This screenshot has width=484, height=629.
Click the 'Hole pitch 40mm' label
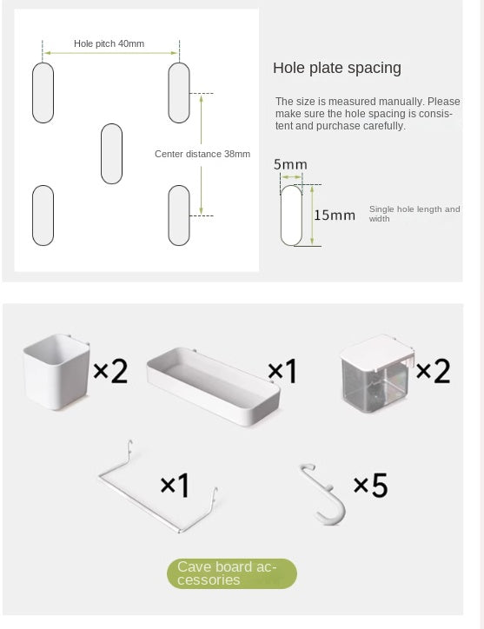[109, 43]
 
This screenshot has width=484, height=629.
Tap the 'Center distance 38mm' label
[202, 154]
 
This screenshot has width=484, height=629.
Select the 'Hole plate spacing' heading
[337, 68]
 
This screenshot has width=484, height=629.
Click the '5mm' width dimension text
[290, 164]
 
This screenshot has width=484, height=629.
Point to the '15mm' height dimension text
[335, 215]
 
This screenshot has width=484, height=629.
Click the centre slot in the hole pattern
[111, 154]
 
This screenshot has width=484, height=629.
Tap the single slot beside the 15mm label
[291, 215]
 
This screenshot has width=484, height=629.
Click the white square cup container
[56, 372]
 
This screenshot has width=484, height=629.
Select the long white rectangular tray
[213, 386]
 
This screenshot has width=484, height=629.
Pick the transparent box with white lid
[376, 374]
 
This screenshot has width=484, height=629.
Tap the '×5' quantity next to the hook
[370, 486]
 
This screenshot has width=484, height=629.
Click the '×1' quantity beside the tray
[282, 371]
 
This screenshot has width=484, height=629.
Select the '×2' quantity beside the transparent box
[433, 371]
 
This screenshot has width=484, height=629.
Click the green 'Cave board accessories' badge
[232, 573]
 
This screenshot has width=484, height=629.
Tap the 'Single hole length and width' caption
[414, 214]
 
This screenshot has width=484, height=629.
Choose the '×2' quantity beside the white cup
[110, 371]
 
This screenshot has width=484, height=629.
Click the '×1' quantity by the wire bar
[175, 486]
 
